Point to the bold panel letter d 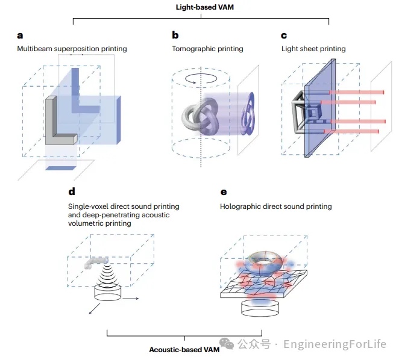(x=72, y=192)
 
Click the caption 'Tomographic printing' (x=207, y=49)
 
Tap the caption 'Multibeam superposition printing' (x=72, y=49)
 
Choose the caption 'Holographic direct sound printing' (x=276, y=206)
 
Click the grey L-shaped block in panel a (x=58, y=123)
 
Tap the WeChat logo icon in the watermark (x=227, y=344)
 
